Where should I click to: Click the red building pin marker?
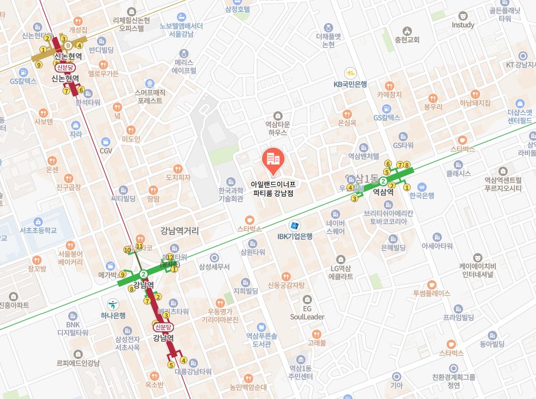click(272, 158)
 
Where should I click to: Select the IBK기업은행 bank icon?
click(294, 225)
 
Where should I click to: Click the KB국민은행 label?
click(350, 84)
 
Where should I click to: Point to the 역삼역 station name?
click(383, 191)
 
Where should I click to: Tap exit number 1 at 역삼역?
click(407, 187)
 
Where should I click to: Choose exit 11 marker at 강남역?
click(139, 246)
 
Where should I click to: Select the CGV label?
click(106, 151)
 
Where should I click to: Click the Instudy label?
click(463, 25)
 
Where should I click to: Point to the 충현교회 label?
click(407, 40)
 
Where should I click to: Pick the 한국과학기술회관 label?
click(231, 195)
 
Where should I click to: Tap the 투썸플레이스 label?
click(431, 293)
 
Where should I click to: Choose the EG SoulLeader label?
click(307, 312)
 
